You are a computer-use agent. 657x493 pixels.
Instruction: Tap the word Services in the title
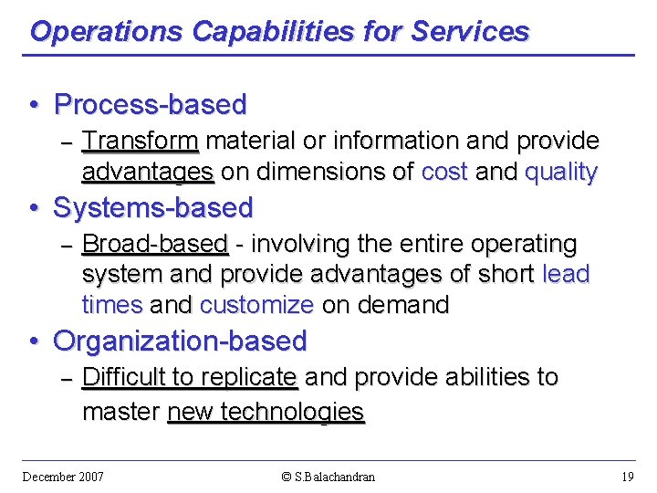(x=470, y=32)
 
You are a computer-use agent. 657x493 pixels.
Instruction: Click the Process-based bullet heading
(x=150, y=105)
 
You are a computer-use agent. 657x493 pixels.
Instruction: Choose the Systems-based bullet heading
(x=153, y=208)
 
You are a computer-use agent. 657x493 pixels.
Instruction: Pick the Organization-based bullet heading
(x=180, y=341)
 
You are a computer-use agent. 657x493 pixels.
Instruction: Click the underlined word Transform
(x=140, y=142)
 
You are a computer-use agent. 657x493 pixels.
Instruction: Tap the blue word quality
(x=561, y=173)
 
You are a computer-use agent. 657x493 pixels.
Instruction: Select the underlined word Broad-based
(x=154, y=245)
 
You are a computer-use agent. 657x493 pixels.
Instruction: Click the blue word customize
(x=256, y=305)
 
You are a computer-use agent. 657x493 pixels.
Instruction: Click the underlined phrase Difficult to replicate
(x=189, y=377)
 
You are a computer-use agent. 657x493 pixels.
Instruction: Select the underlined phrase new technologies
(x=266, y=412)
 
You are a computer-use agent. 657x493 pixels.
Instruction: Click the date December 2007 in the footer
(x=63, y=477)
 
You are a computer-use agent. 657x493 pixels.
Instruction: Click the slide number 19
(x=627, y=477)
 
